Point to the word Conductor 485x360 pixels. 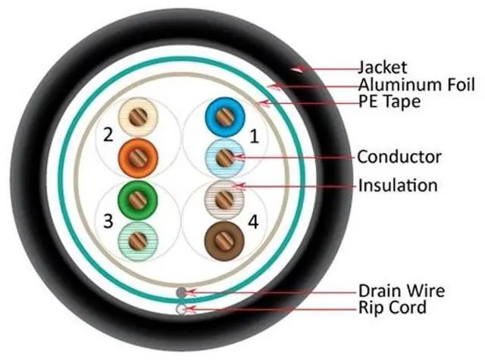(x=399, y=157)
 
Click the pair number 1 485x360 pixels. (x=254, y=138)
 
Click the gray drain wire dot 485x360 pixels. (x=180, y=292)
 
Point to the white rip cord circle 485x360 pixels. (x=180, y=308)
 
